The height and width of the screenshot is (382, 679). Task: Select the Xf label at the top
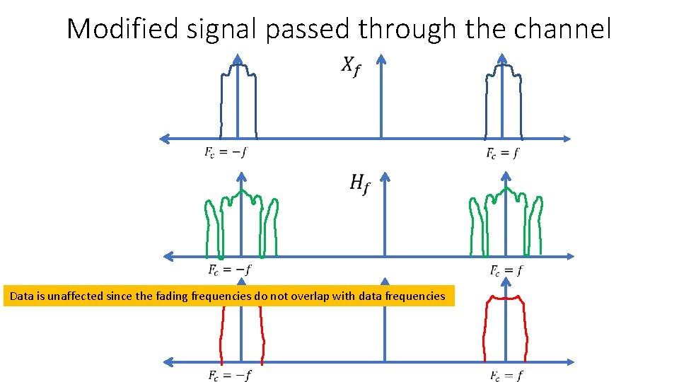350,66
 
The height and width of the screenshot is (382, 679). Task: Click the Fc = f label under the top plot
501,153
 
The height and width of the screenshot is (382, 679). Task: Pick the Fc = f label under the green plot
506,270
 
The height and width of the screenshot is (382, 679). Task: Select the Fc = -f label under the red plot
229,376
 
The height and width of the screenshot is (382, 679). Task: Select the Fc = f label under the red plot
506,376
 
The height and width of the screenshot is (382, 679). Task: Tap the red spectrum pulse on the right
506,329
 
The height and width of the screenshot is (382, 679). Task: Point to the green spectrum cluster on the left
241,223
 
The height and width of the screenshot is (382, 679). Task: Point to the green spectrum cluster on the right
506,223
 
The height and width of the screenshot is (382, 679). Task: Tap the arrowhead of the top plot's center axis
381,59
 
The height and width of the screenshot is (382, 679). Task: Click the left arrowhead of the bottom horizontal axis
168,362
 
